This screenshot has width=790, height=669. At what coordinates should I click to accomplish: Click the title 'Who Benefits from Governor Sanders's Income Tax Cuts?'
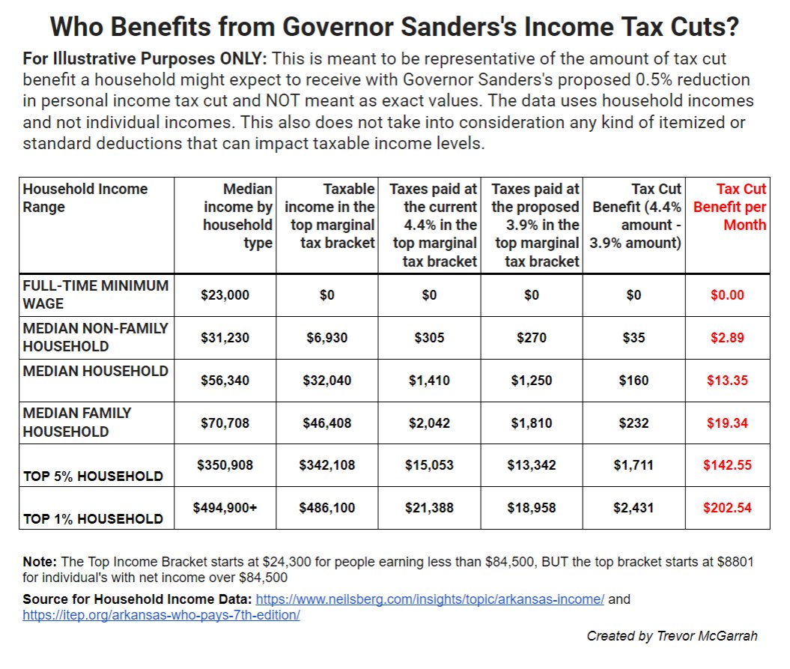(395, 28)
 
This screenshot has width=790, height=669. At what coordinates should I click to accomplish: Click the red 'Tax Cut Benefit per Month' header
(729, 208)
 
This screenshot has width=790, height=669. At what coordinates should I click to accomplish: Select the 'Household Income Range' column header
(85, 198)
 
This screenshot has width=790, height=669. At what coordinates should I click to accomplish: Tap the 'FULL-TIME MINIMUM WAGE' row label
(96, 294)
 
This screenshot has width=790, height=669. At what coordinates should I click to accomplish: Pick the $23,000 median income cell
(225, 295)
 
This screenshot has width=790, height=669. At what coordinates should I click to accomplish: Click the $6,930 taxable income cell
(327, 338)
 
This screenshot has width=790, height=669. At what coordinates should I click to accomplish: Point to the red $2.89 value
(727, 338)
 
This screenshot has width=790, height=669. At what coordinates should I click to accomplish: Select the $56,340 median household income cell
(225, 381)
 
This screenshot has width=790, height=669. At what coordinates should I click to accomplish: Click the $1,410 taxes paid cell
(429, 381)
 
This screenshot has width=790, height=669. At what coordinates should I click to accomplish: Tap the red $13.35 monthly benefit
(727, 381)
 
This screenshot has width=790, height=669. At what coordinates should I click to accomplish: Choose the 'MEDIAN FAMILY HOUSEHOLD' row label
(77, 422)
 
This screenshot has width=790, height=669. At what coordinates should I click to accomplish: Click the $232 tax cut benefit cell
(633, 423)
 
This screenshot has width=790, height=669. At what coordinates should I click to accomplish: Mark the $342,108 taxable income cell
(327, 465)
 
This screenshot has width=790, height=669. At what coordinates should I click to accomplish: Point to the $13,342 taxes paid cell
(531, 465)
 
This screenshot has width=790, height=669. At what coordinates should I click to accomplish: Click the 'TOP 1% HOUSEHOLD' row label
(93, 518)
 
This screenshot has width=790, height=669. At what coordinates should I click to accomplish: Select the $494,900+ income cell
(225, 507)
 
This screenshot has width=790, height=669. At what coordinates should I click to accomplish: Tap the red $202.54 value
(727, 507)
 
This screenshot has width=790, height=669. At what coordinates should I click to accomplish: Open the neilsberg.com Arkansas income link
(430, 599)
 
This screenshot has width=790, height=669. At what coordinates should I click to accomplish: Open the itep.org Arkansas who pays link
(161, 615)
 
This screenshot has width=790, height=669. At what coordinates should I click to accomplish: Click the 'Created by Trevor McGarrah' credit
(672, 636)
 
